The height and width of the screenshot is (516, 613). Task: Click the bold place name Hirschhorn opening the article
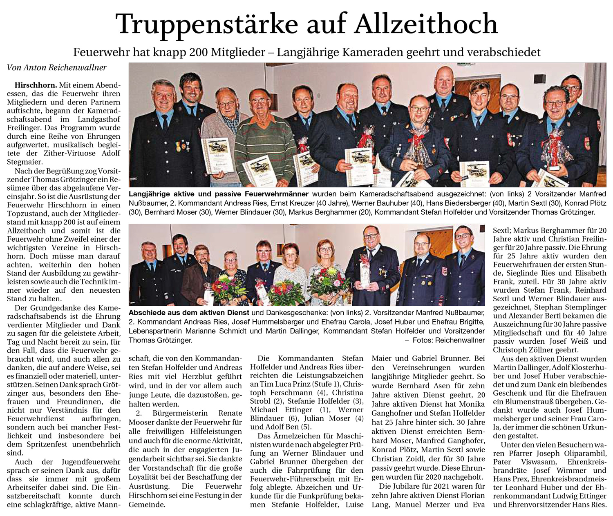point(36,85)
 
